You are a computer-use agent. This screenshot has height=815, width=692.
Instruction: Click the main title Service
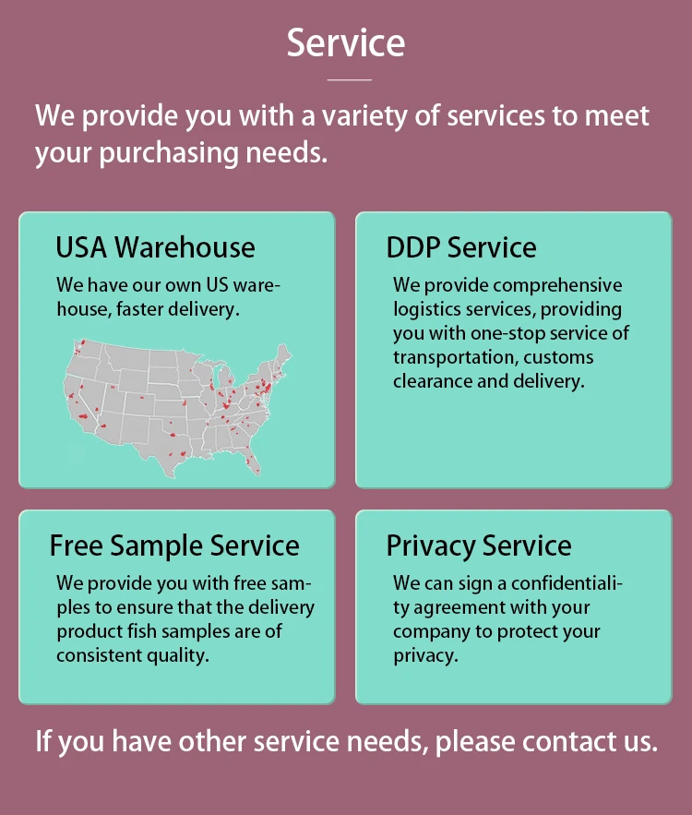pyautogui.click(x=345, y=43)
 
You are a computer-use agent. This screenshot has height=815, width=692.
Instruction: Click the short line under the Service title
pyautogui.click(x=349, y=80)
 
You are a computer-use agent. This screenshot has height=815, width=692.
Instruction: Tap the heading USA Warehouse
pyautogui.click(x=155, y=247)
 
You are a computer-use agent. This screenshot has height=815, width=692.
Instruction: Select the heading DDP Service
pyautogui.click(x=460, y=247)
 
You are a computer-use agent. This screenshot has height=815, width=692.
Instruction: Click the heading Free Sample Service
pyautogui.click(x=174, y=545)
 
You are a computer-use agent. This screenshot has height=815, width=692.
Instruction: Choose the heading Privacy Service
pyautogui.click(x=479, y=545)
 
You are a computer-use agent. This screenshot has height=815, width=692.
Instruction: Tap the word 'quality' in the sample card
pyautogui.click(x=173, y=655)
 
